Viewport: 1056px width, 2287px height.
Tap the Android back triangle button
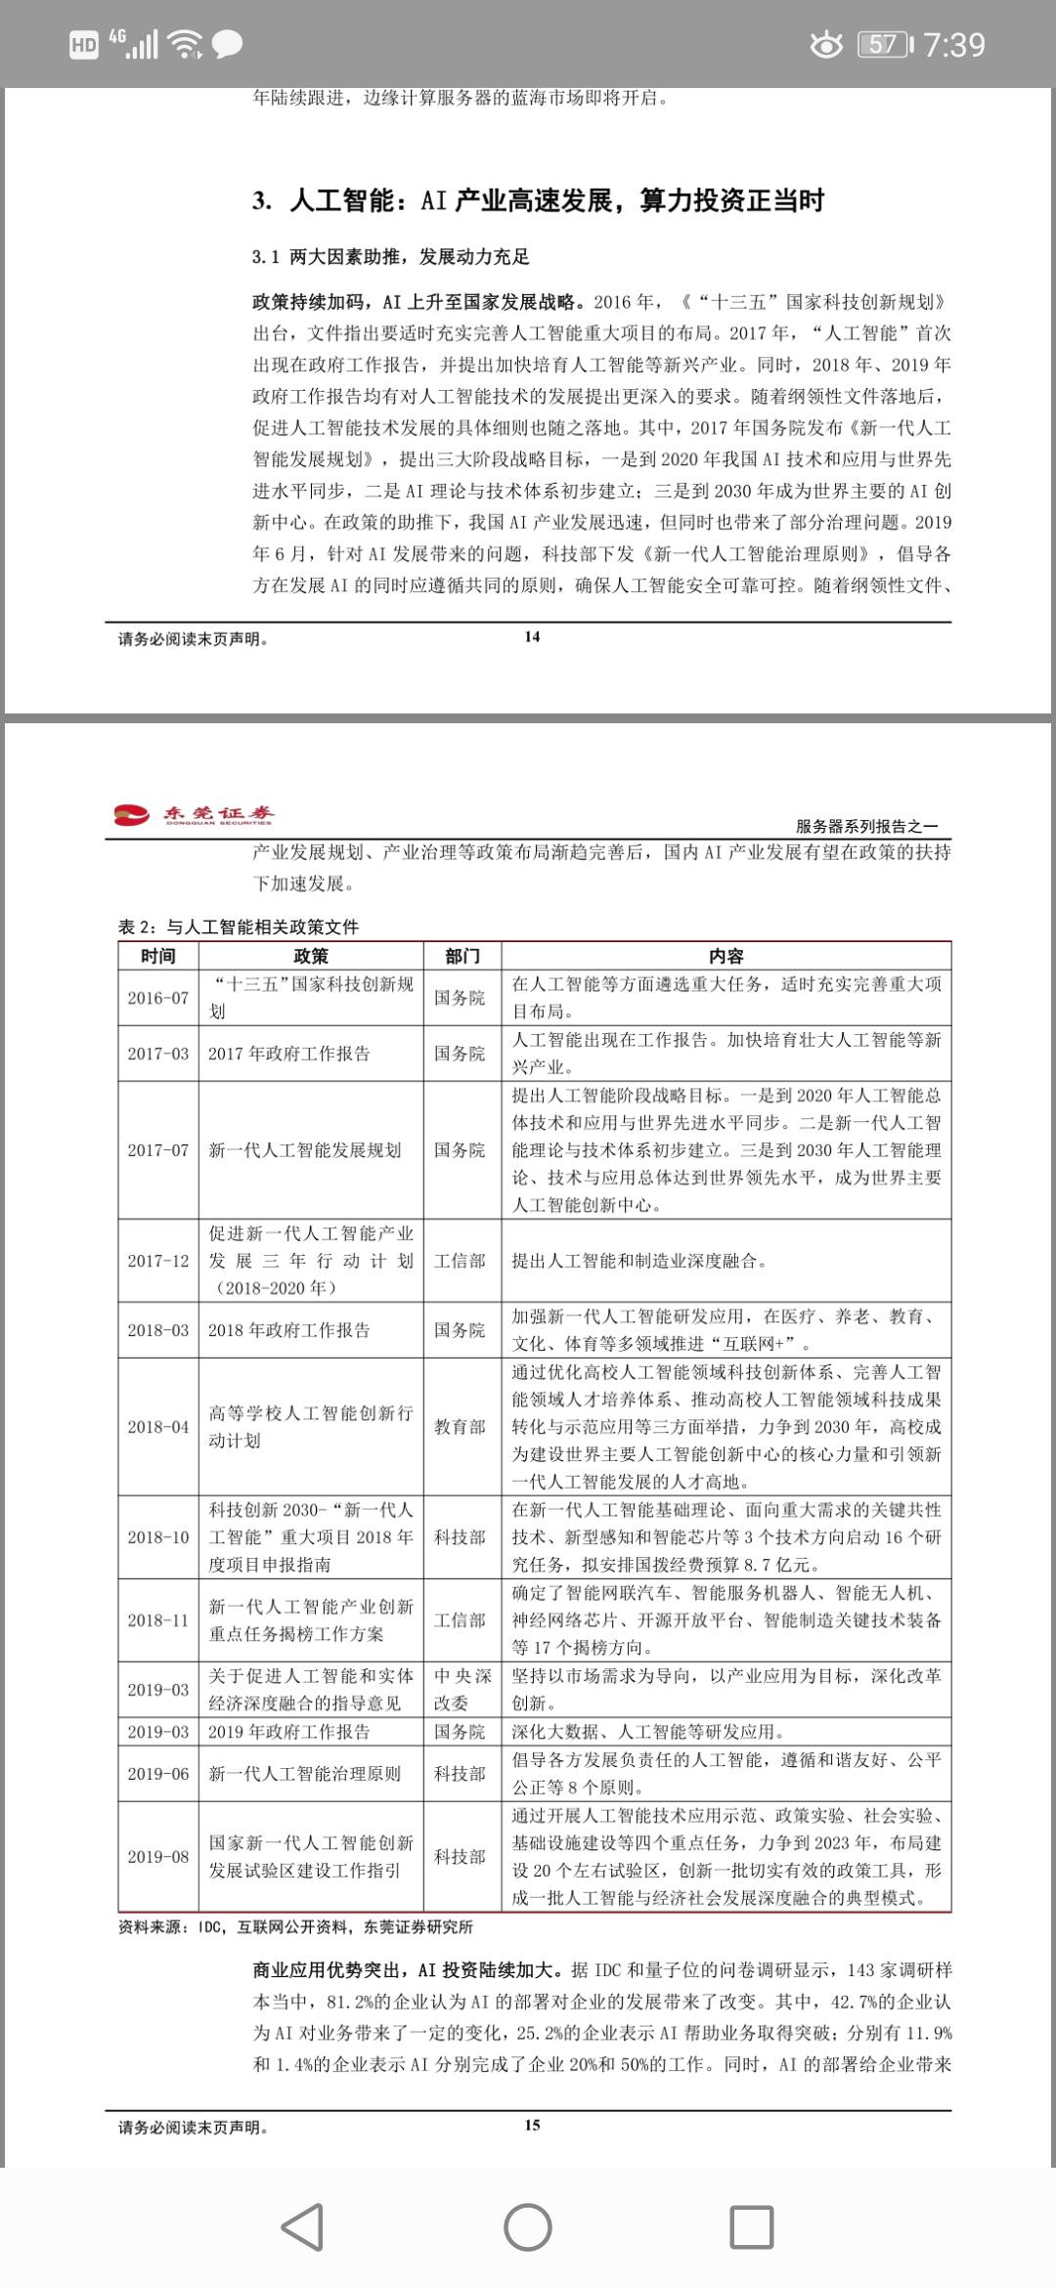pos(303,2227)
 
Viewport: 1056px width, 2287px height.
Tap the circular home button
pos(528,2227)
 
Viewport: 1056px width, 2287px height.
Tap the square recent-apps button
pos(752,2227)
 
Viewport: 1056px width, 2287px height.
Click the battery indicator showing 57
pos(884,44)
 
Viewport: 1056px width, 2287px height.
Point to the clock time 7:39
pos(954,44)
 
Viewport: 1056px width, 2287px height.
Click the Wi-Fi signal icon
pos(185,44)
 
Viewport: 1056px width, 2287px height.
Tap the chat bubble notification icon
pos(228,44)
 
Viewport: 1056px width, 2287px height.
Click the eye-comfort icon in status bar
pos(826,44)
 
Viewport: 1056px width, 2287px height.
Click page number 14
pos(532,636)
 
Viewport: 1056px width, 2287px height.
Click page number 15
pos(532,2125)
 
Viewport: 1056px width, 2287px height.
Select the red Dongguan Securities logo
pos(195,814)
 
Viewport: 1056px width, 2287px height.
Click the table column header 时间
pos(158,956)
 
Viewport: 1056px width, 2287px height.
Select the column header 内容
pos(726,956)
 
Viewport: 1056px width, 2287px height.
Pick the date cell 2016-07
pos(158,998)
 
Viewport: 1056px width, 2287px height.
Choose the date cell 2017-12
pos(158,1261)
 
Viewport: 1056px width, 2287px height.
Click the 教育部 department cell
pos(460,1427)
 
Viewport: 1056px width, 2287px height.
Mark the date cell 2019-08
pos(158,1857)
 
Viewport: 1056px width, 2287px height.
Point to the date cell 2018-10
pos(158,1537)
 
